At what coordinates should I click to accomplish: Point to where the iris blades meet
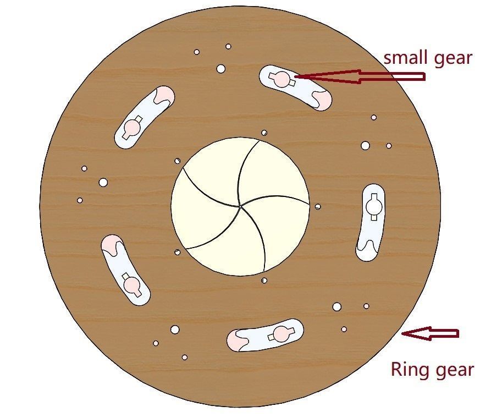(240, 206)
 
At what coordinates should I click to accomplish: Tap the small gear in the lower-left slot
(132, 284)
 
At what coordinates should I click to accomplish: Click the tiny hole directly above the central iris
(264, 133)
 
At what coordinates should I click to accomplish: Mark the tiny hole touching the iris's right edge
(318, 207)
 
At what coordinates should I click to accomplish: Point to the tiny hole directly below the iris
(264, 281)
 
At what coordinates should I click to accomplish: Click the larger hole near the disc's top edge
(221, 69)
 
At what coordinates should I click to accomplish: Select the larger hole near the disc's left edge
(103, 182)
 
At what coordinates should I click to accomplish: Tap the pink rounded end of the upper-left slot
(164, 96)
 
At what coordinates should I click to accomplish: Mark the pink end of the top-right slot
(322, 99)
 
